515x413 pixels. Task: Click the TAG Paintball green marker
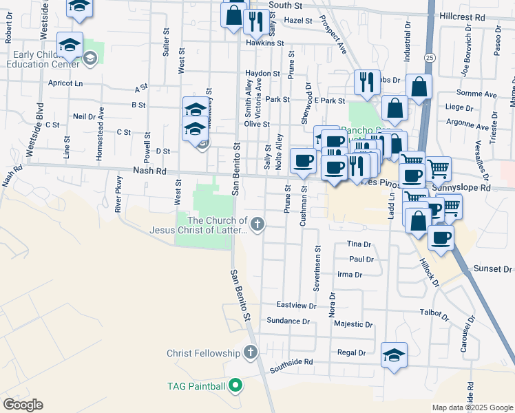(x=235, y=385)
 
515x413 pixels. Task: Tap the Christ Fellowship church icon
(x=250, y=353)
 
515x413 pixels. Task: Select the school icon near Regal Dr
(x=395, y=355)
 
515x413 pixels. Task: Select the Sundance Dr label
(x=288, y=321)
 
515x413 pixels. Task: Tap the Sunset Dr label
(x=493, y=269)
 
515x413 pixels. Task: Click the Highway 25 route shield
(x=430, y=57)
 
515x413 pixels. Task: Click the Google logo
(x=23, y=405)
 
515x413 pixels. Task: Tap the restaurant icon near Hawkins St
(x=255, y=21)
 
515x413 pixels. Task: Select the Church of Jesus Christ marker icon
(x=257, y=223)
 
